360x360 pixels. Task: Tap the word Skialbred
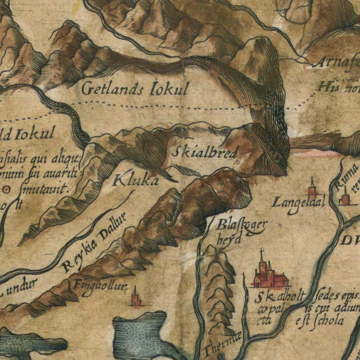click(x=204, y=152)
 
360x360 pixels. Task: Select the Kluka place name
click(x=136, y=180)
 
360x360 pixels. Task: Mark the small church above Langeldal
click(x=312, y=186)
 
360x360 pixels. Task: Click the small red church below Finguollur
click(x=135, y=299)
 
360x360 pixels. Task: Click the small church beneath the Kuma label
click(x=345, y=199)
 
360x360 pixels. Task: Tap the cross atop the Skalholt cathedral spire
click(x=261, y=251)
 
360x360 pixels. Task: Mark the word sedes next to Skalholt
click(x=328, y=297)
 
